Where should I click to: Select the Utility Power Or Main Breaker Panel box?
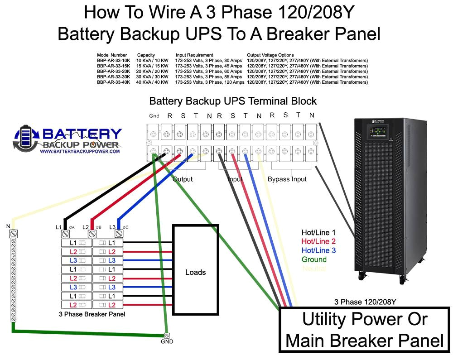click(365, 330)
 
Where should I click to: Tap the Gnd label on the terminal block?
click(154, 116)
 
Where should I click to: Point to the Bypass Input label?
click(287, 179)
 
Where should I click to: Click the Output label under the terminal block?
click(183, 179)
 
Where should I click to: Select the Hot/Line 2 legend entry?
click(318, 241)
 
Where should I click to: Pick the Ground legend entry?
click(314, 259)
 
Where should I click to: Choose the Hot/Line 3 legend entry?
click(318, 250)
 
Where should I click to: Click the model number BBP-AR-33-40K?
click(113, 82)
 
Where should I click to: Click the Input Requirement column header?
click(194, 55)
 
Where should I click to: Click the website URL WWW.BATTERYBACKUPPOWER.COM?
click(80, 151)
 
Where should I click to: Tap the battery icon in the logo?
click(24, 138)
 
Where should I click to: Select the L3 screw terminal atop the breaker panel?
click(120, 234)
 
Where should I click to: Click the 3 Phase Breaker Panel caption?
click(92, 314)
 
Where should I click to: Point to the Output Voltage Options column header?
click(270, 55)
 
